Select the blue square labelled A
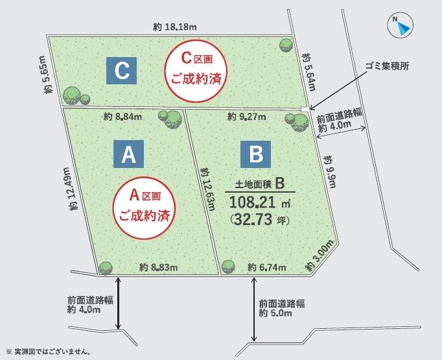[128, 154]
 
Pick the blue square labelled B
[256, 154]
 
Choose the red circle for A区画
[145, 205]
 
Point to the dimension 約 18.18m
[175, 27]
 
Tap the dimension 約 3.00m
[320, 255]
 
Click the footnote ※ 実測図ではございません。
[48, 352]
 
